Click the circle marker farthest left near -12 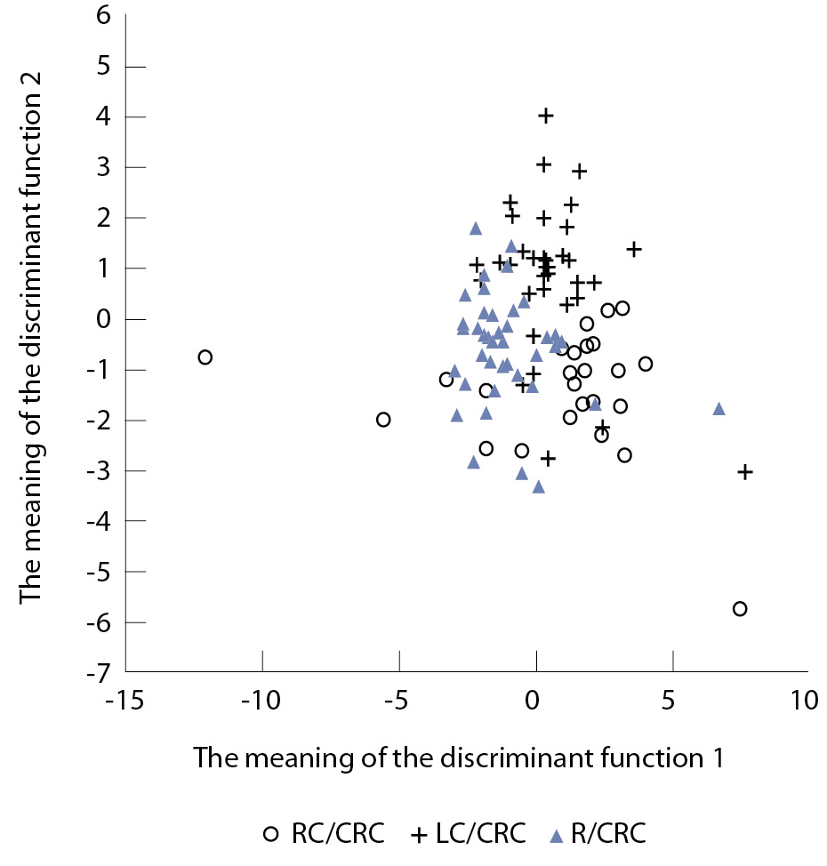pos(205,357)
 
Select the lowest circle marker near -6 pos(739,608)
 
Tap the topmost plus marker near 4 pos(546,115)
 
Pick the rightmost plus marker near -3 pos(745,471)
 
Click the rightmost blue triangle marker pos(719,409)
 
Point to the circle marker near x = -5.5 pos(383,419)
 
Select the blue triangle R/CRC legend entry pos(596,834)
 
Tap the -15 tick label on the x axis pos(126,701)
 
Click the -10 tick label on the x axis pos(262,701)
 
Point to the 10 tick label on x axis pos(804,701)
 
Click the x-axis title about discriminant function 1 pos(458,758)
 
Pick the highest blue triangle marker pos(476,229)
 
